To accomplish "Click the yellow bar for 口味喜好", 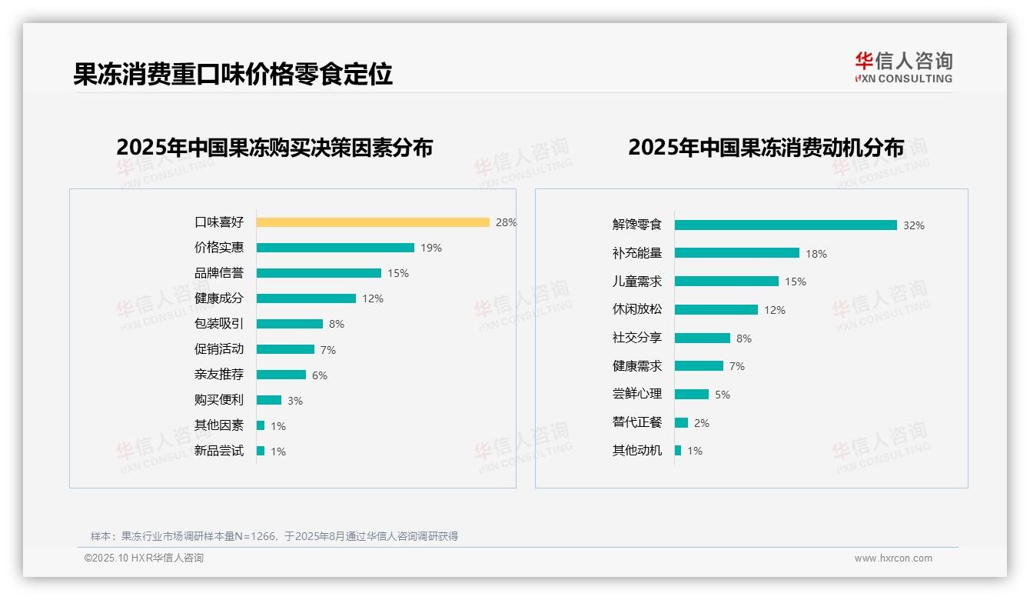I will click(373, 222).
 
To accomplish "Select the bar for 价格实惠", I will click(335, 248).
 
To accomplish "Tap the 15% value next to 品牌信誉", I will click(398, 273).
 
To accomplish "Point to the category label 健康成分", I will click(219, 298).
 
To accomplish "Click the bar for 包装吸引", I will click(290, 324).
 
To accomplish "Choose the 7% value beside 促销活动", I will click(328, 350).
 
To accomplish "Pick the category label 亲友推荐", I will click(219, 375).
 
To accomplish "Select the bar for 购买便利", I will click(269, 400).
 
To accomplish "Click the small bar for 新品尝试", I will click(261, 451).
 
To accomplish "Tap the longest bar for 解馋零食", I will click(786, 225).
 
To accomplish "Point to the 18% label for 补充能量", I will click(816, 254).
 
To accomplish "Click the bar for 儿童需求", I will click(726, 282).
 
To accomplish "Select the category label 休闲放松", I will click(637, 309).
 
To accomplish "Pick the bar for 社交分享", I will click(703, 338).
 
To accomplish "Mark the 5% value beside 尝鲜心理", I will click(723, 395).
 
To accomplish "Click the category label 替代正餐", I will click(637, 422).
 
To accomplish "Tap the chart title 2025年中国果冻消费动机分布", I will click(766, 148).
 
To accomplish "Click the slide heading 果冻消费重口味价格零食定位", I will click(233, 74).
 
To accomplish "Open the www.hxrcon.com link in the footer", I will click(893, 558).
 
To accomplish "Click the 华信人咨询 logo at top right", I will click(904, 67).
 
